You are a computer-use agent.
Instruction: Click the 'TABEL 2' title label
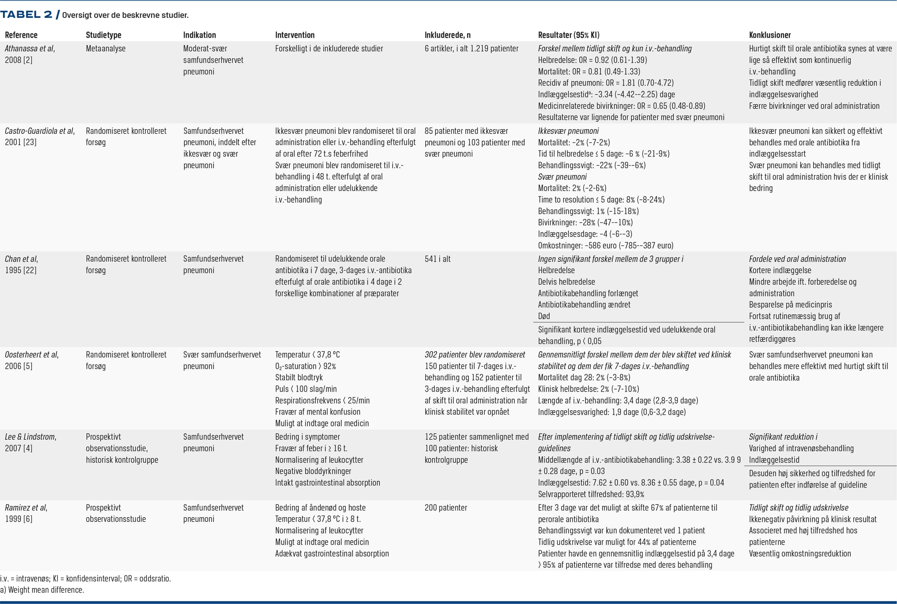tap(26, 15)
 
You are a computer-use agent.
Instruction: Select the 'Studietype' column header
tap(103, 35)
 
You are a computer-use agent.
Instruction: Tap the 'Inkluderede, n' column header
tap(447, 35)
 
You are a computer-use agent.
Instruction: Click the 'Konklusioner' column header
tap(770, 35)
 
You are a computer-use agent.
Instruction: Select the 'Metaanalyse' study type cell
tap(105, 49)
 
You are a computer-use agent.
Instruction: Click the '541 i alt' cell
tap(437, 259)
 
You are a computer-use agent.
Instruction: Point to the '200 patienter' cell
tap(446, 508)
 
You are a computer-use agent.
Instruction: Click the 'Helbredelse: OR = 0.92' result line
tap(592, 60)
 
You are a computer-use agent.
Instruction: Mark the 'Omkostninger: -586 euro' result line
tap(605, 245)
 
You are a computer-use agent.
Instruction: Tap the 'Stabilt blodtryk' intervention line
tap(299, 377)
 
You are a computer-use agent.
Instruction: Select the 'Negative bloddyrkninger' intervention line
tap(313, 471)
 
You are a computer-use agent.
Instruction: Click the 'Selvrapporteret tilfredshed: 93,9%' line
tap(591, 494)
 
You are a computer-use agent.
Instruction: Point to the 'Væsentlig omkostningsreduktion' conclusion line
tap(799, 554)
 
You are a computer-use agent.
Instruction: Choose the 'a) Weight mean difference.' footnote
tap(42, 590)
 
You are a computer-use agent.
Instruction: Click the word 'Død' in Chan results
tap(543, 316)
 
